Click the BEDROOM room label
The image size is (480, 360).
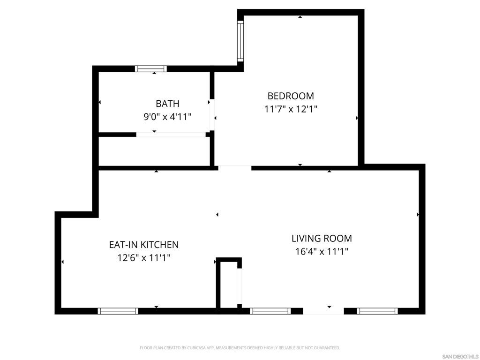pos(291,96)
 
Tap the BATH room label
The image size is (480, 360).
pos(167,104)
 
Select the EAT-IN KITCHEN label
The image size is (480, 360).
pos(144,245)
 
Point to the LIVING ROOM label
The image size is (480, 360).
pos(322,239)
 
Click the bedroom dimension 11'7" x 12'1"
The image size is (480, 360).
pos(291,109)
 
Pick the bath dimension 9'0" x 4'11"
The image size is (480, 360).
pos(167,117)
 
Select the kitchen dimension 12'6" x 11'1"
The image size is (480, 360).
pos(144,257)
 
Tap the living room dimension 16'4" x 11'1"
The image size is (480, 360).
pos(322,252)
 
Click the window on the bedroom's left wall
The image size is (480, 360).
pos(240,41)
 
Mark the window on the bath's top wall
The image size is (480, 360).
pos(151,68)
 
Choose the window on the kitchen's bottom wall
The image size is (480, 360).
pos(118,311)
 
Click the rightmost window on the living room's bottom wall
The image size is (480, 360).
pos(377,311)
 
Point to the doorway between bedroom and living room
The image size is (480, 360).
pos(235,168)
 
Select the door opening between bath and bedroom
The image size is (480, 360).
pos(212,114)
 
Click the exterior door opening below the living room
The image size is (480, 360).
pos(323,311)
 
